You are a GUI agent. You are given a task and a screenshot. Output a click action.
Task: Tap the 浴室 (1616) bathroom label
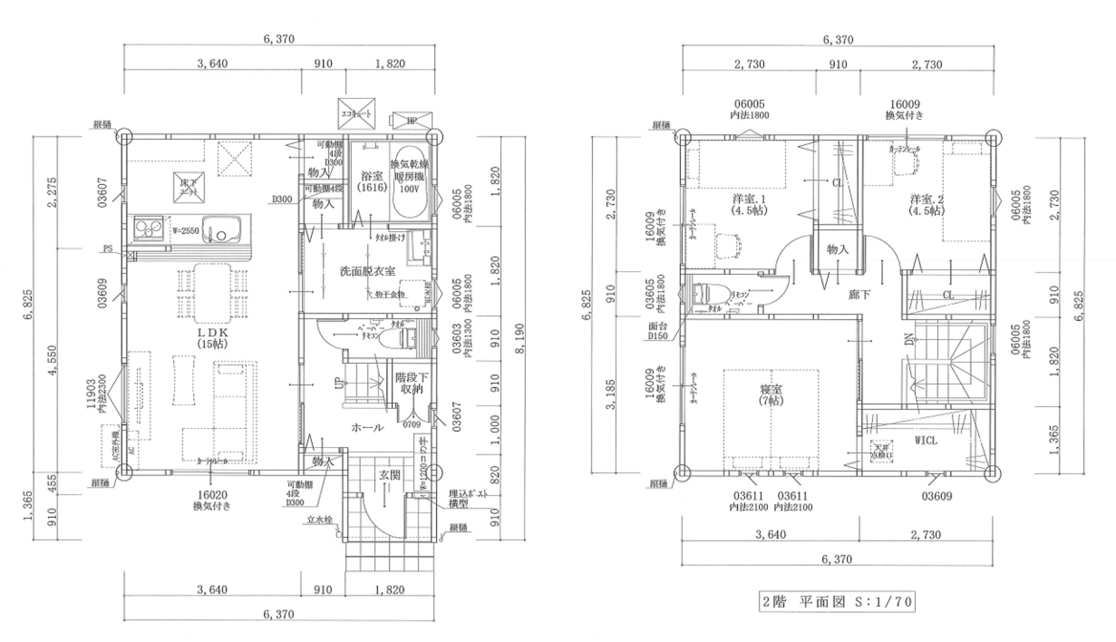tap(372, 181)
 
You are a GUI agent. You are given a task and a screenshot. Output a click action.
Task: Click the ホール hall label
tap(367, 427)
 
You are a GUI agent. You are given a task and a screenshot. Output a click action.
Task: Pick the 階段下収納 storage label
tap(411, 384)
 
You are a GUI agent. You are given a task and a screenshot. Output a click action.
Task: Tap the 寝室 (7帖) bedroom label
tap(771, 395)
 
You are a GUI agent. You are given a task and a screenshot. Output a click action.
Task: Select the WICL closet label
tap(926, 440)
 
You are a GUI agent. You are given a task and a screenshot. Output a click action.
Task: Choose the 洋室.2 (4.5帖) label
tap(926, 204)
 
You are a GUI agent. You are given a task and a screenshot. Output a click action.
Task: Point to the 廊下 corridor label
tap(859, 294)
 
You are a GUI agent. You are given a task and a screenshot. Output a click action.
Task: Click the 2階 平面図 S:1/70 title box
tap(837, 602)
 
